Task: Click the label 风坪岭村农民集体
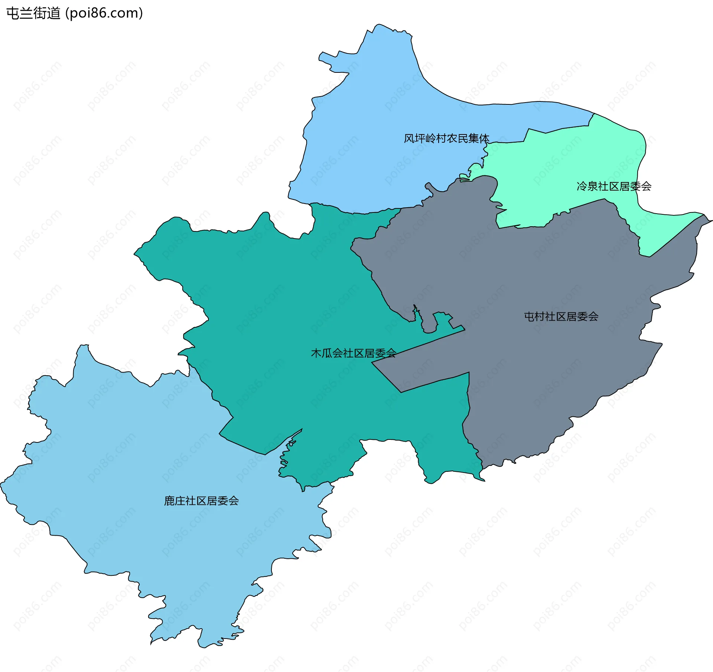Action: pos(446,139)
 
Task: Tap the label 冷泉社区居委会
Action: pos(614,186)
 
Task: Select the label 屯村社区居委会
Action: pos(561,316)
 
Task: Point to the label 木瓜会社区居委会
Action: pos(353,353)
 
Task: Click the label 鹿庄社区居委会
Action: pos(201,501)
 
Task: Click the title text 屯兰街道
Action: pos(33,13)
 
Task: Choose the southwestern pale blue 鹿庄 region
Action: pos(149,464)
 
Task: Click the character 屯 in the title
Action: pos(13,13)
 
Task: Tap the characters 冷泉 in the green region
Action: pos(587,186)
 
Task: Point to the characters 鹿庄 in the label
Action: pos(175,501)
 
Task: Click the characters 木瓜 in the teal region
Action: pos(321,353)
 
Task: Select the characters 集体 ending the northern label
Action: pos(479,139)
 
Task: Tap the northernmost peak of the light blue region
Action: pos(378,26)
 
